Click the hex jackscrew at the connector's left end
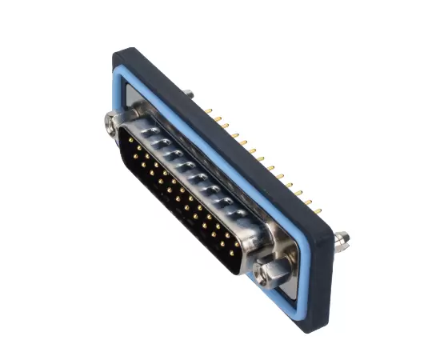pos(111,122)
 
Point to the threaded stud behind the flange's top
pos(187,94)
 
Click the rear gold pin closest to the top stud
pos(207,109)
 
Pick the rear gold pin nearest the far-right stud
pos(318,211)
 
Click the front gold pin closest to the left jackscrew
pos(130,141)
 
